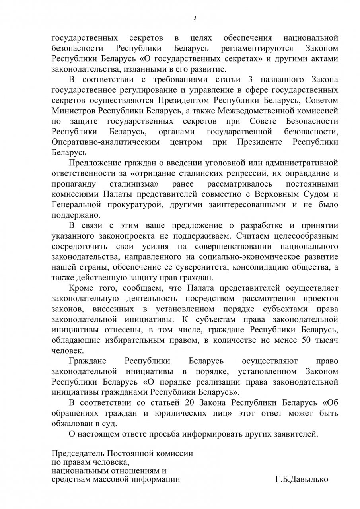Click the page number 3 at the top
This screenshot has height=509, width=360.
pyautogui.click(x=195, y=17)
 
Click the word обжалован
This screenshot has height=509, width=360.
pyautogui.click(x=70, y=423)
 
